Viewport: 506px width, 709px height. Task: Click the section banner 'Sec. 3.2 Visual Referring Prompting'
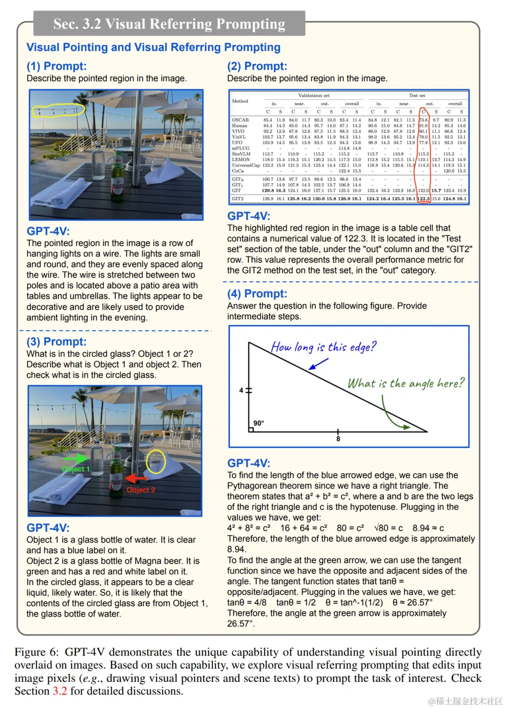click(x=169, y=23)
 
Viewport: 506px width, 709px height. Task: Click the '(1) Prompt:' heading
click(x=56, y=66)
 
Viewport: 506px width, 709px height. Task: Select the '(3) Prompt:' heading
click(x=56, y=341)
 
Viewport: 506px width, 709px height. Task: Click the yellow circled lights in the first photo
click(x=58, y=111)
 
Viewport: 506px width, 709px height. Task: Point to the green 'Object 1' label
click(x=75, y=469)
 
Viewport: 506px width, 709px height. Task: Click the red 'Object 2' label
click(x=141, y=490)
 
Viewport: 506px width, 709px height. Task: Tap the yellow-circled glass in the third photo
click(x=156, y=461)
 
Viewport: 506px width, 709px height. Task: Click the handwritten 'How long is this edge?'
click(x=323, y=347)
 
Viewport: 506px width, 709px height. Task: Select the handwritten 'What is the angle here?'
click(x=406, y=384)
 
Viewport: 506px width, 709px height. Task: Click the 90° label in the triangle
click(x=259, y=423)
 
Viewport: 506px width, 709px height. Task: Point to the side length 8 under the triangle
click(x=338, y=439)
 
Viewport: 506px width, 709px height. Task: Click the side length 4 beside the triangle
click(x=241, y=390)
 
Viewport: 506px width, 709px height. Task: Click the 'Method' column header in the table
click(x=240, y=101)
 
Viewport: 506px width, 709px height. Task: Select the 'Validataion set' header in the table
click(x=313, y=96)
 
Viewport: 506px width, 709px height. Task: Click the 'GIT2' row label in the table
click(x=238, y=199)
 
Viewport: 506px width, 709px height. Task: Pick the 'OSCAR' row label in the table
click(x=240, y=120)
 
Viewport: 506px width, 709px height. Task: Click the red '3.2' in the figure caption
click(x=60, y=691)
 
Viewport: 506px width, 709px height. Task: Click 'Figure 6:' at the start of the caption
click(x=37, y=652)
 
